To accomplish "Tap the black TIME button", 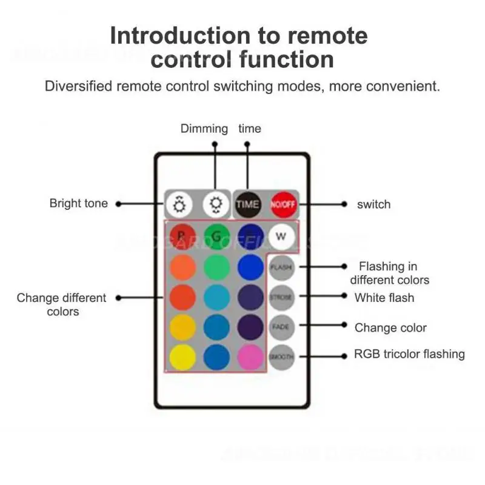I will (x=247, y=204).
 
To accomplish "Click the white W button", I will (x=280, y=236).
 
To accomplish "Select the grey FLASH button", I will (x=281, y=267).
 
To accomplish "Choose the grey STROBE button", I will (x=281, y=297).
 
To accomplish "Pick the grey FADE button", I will (x=281, y=327).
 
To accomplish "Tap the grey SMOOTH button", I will (x=281, y=356).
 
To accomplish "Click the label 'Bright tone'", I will (x=78, y=204).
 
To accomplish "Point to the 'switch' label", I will (x=373, y=204).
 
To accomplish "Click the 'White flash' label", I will (x=384, y=297).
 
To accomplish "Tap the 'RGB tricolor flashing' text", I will (x=409, y=354).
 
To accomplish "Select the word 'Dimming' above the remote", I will (x=204, y=129).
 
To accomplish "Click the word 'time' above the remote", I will (x=250, y=129).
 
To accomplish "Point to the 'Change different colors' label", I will (x=62, y=304).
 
